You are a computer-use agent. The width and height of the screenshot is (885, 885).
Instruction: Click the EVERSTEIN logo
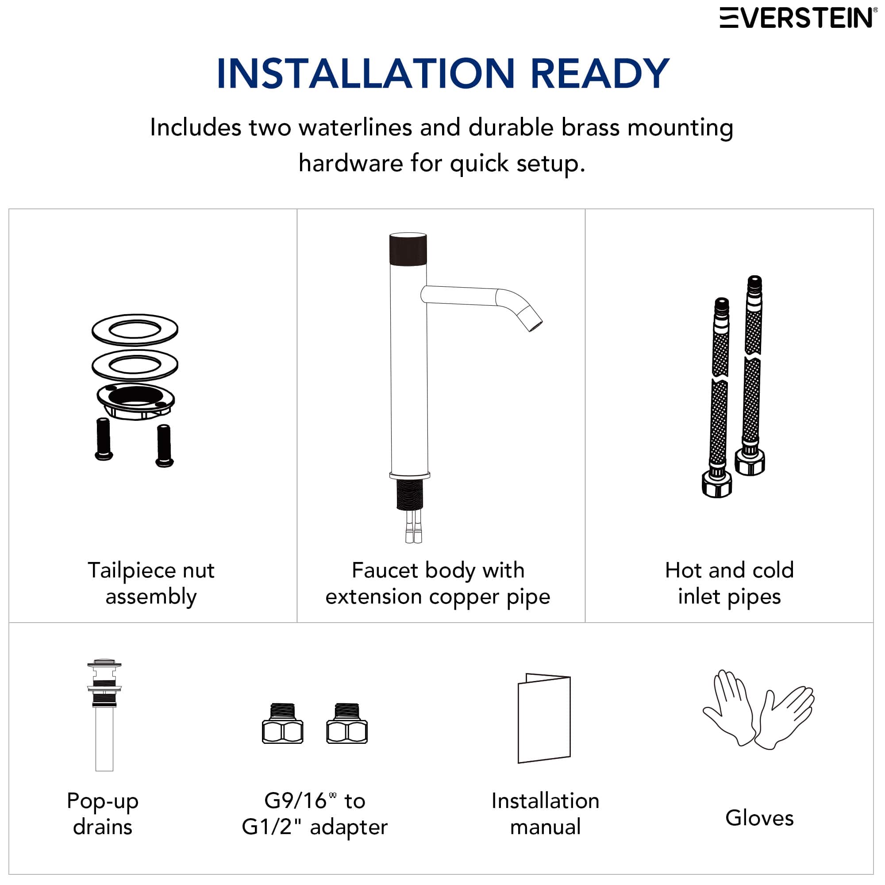(797, 18)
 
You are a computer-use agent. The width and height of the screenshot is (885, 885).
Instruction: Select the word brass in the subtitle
(590, 127)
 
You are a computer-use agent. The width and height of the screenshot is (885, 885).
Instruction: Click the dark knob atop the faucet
(408, 249)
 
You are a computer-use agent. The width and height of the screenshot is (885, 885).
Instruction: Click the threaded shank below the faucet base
(409, 495)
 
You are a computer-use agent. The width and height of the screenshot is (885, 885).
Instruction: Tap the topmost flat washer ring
(135, 330)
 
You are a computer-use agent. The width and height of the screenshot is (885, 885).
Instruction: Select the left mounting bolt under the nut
(104, 439)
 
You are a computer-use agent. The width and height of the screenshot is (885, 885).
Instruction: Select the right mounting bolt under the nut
(164, 445)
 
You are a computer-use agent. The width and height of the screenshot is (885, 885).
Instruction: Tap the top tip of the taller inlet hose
(754, 281)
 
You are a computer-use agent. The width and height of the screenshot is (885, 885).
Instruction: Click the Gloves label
(759, 818)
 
